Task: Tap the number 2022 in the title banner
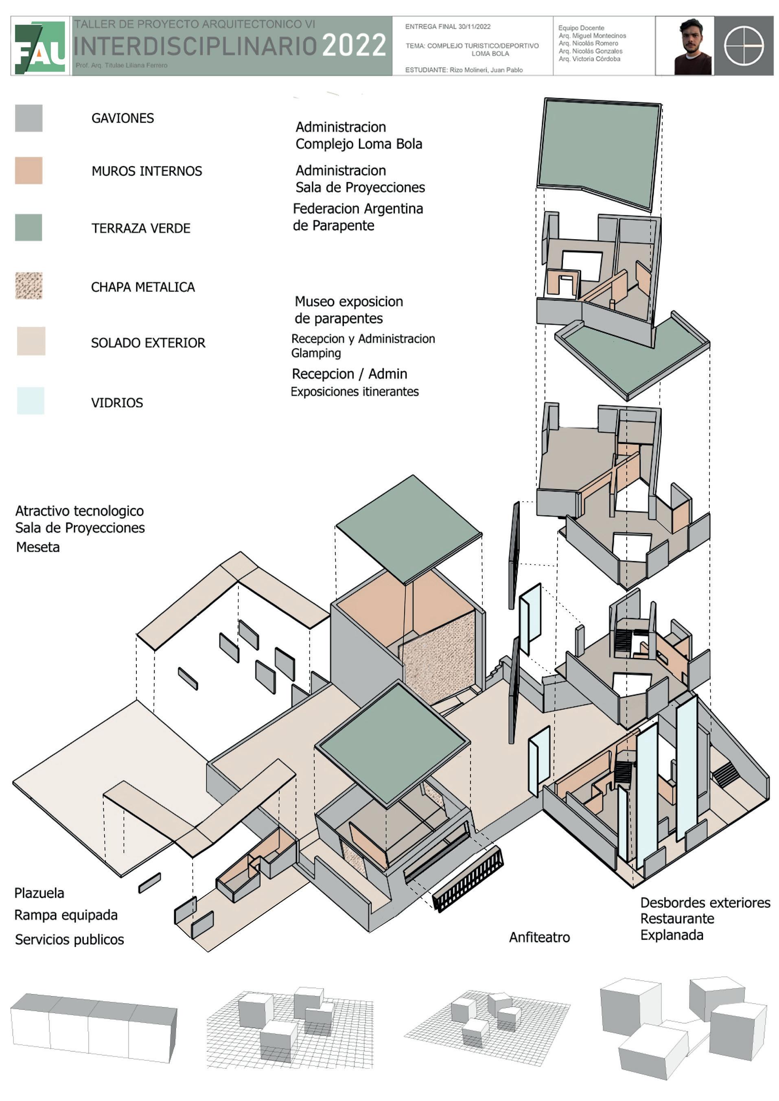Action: [354, 46]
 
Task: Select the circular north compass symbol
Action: [744, 46]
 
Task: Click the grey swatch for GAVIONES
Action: [29, 118]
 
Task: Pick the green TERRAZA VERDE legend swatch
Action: [29, 227]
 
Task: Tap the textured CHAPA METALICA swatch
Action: [29, 286]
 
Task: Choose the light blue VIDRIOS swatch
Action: [31, 400]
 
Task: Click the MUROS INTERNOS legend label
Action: [147, 171]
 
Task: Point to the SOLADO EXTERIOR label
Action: [148, 343]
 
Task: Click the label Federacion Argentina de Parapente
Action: [358, 217]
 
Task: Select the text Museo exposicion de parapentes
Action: [349, 310]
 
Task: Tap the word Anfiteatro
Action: [539, 937]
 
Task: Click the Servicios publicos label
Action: [70, 939]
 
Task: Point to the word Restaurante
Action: [677, 919]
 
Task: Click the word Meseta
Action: [38, 547]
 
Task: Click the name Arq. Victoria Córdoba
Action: [589, 59]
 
